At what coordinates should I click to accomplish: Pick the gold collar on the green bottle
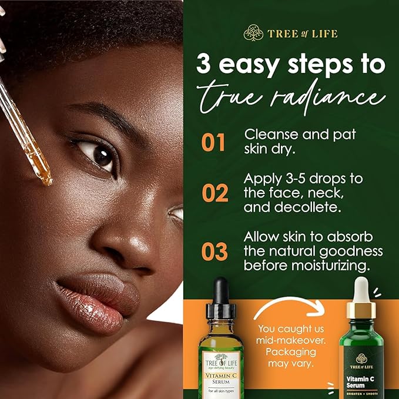click(361, 310)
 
